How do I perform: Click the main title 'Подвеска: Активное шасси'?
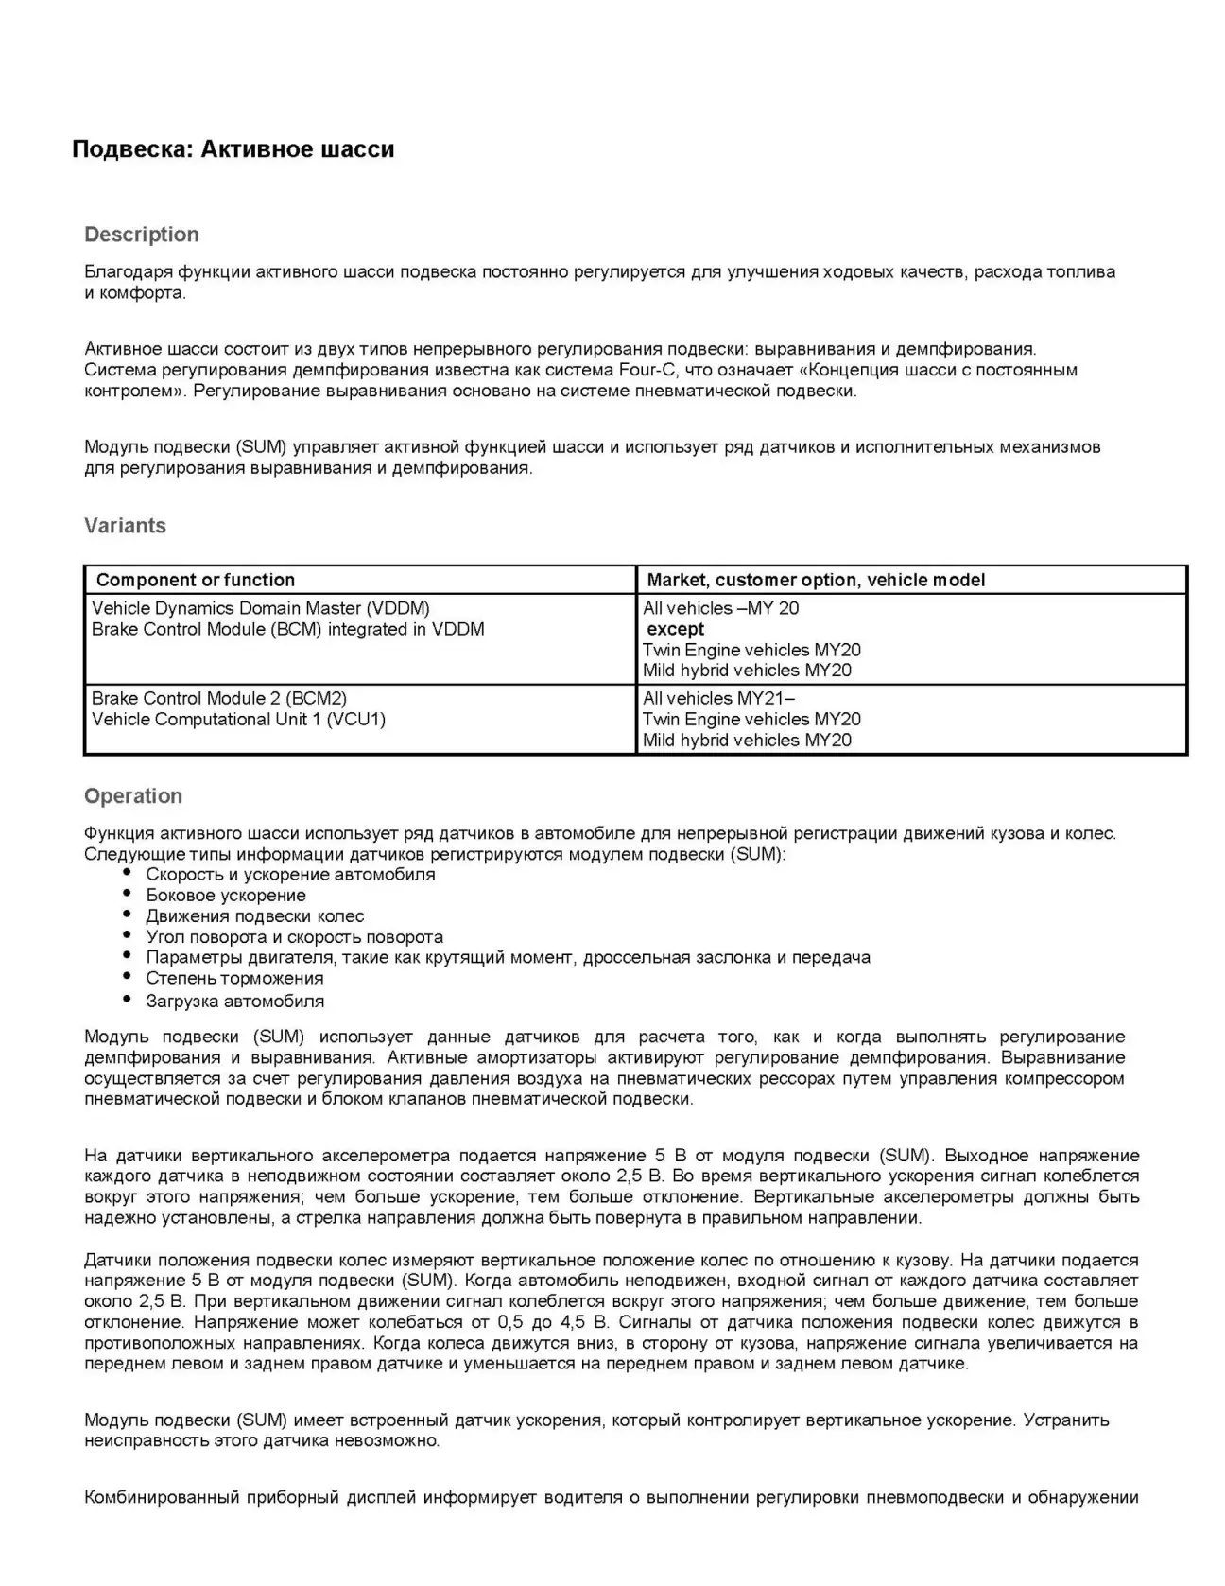point(233,149)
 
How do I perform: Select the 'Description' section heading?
point(142,235)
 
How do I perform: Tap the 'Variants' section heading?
point(125,526)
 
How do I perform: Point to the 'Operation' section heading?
point(133,796)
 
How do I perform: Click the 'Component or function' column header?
point(196,580)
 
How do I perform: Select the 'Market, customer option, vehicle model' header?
point(816,580)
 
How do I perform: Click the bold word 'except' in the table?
point(675,629)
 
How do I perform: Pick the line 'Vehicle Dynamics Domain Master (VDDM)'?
point(261,608)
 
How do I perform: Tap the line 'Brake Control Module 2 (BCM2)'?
point(219,698)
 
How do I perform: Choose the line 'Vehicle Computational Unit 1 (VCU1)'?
point(238,719)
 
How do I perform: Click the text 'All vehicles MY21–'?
point(718,698)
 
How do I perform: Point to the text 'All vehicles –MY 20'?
point(720,608)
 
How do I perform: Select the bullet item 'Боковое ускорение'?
point(226,895)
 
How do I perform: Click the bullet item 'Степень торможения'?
point(234,978)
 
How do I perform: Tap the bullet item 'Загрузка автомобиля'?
point(234,1001)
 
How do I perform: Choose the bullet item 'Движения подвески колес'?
point(255,915)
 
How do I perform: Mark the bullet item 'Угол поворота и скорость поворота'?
point(294,936)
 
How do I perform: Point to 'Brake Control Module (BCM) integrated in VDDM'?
point(287,629)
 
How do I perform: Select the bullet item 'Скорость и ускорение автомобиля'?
point(290,874)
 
